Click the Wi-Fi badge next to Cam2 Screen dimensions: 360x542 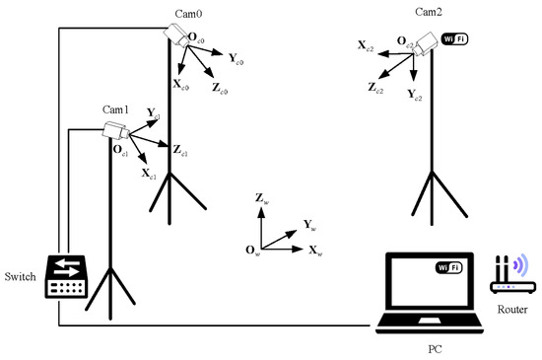point(456,38)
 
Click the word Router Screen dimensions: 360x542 point(511,310)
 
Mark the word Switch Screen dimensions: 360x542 point(21,277)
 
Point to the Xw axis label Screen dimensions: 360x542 point(315,252)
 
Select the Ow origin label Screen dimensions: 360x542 point(252,252)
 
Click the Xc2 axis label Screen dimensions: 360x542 point(366,46)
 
